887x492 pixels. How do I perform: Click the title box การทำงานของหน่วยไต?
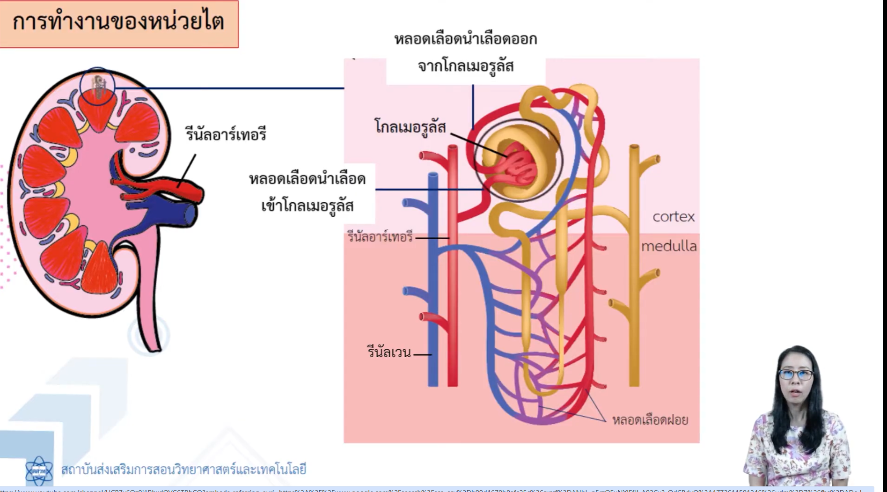(x=118, y=23)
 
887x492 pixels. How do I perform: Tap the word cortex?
(x=673, y=216)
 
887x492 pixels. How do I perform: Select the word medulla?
(x=668, y=246)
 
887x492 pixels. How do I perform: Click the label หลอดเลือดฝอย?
(x=650, y=420)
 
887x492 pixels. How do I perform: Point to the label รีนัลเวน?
(x=389, y=352)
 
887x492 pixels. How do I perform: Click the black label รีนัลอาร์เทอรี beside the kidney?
(x=226, y=134)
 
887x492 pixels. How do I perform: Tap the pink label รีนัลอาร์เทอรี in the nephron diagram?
(x=380, y=237)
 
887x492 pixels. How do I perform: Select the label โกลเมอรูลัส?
(x=410, y=127)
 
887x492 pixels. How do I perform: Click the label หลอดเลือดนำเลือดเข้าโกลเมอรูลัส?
(x=307, y=192)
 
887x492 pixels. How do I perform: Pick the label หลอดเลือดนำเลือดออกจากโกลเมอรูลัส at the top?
(x=465, y=52)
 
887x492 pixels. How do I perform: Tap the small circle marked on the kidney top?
(x=97, y=87)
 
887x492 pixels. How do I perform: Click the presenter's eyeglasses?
(x=796, y=375)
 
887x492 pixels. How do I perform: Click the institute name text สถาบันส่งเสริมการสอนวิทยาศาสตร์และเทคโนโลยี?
(x=183, y=469)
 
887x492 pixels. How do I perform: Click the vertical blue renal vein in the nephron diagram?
(x=433, y=281)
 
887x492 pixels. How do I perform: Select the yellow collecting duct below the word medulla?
(x=634, y=318)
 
